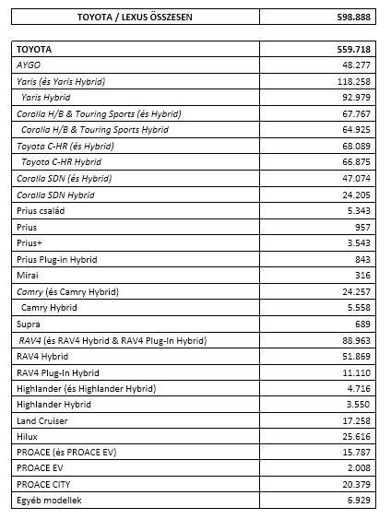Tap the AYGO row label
click(30, 65)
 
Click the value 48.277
click(356, 65)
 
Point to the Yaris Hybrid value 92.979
click(356, 98)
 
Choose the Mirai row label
click(28, 276)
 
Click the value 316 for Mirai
click(362, 276)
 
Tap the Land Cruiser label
click(45, 420)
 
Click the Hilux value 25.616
click(356, 437)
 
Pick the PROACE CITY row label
click(43, 485)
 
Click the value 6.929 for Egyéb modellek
click(358, 501)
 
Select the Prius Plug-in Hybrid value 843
click(362, 259)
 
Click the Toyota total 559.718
click(353, 49)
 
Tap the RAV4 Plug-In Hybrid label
click(58, 372)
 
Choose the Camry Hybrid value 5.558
click(358, 308)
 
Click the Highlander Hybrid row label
click(54, 405)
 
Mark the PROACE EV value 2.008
click(358, 469)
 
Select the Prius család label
click(41, 211)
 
